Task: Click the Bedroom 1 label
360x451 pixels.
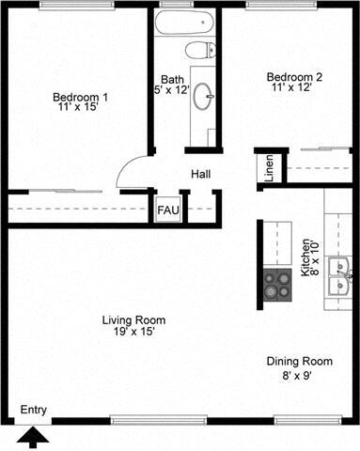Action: coord(79,97)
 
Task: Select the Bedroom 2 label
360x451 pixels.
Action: coord(293,76)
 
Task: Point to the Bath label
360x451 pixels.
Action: coord(171,79)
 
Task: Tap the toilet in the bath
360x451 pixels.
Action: coord(200,50)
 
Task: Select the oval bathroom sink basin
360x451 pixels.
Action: coord(204,96)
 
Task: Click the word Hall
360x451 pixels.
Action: coord(200,175)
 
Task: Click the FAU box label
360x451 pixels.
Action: coord(169,209)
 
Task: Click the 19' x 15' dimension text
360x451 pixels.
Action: coord(130,333)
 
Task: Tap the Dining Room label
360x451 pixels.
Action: coord(299,361)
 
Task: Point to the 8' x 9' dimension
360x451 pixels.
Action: coord(299,375)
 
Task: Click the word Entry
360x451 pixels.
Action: coord(33,409)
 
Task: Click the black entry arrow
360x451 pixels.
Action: coord(34,437)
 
